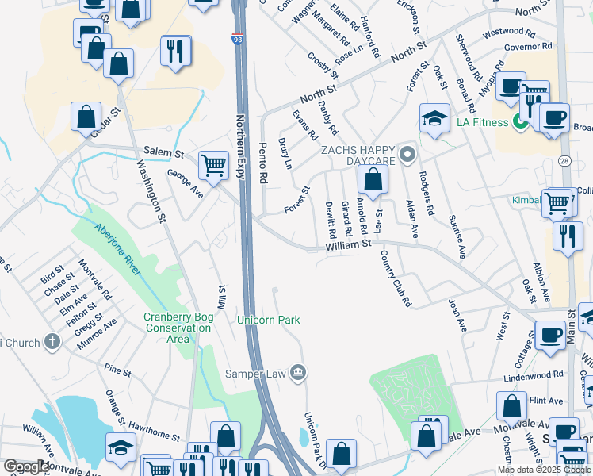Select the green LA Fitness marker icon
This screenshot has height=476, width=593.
521,122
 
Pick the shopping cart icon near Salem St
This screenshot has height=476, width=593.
213,166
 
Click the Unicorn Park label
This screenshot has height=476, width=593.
269,320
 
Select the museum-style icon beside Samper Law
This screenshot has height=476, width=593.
297,372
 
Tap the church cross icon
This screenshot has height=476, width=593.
52,343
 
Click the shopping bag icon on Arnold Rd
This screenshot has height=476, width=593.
373,180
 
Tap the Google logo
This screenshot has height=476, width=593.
25,466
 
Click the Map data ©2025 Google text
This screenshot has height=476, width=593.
543,470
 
